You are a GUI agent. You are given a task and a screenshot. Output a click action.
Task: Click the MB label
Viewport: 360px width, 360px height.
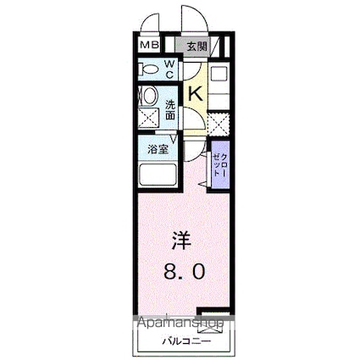(148, 46)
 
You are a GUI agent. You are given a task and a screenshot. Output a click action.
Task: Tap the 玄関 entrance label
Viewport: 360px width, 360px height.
(197, 46)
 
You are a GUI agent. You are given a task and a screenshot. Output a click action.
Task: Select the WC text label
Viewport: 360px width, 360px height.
(169, 68)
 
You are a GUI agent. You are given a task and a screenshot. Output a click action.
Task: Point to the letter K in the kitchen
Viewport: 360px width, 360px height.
(195, 94)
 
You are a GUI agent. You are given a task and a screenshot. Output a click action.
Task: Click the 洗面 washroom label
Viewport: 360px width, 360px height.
(169, 108)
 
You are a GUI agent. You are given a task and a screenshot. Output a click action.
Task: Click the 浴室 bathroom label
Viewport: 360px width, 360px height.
(158, 150)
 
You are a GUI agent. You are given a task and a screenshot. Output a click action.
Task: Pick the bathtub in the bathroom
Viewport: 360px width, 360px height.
(157, 175)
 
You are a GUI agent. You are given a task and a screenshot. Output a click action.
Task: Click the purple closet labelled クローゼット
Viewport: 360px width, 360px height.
(220, 164)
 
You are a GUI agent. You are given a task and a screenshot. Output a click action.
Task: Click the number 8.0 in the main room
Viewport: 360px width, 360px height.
(182, 273)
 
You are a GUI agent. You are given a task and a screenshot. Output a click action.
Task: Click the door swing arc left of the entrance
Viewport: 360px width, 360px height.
(149, 22)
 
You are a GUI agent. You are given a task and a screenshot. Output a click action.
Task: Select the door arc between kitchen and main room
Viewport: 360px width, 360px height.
(200, 157)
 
